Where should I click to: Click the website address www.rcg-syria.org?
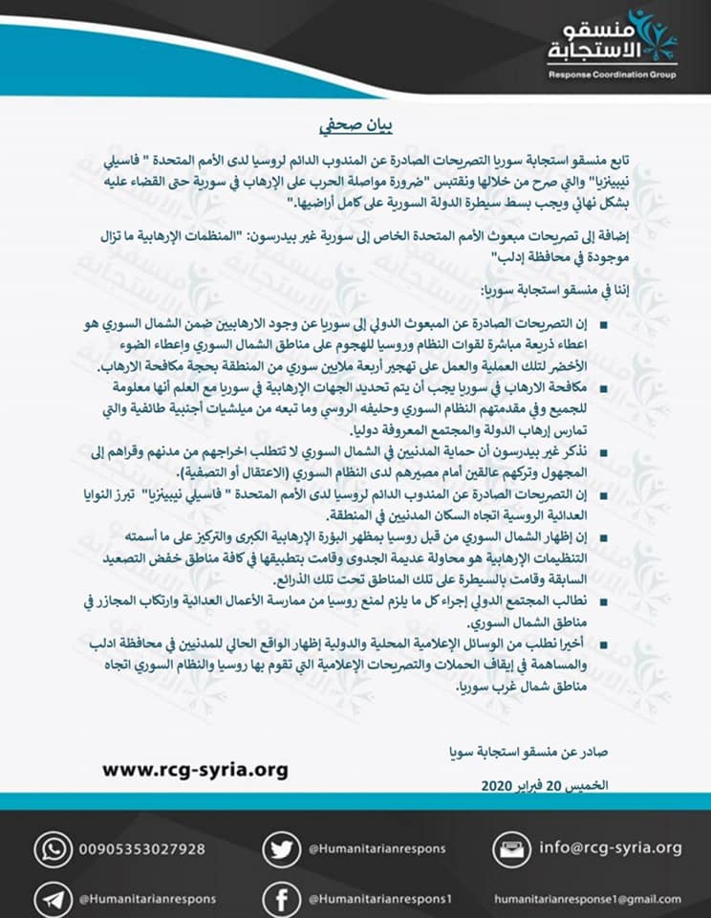(194, 769)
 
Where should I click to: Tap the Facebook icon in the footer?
(277, 899)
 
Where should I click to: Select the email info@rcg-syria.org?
(611, 847)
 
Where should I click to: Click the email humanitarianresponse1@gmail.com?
(588, 899)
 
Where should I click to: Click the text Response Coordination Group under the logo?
(611, 75)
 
